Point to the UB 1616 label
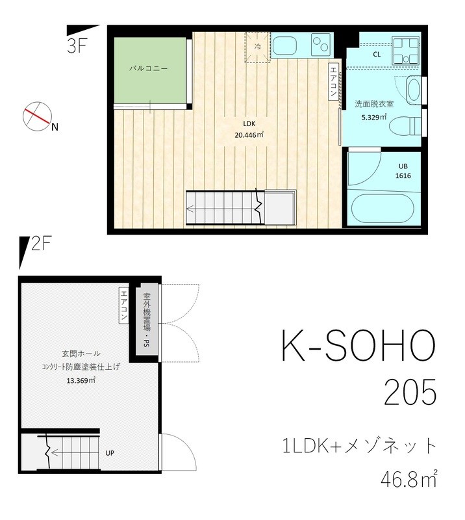pyautogui.click(x=403, y=171)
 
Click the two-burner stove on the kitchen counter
pyautogui.click(x=321, y=45)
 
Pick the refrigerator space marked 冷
pyautogui.click(x=257, y=47)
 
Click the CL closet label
pyautogui.click(x=377, y=55)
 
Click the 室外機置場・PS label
pyautogui.click(x=147, y=320)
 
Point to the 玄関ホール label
pyautogui.click(x=81, y=354)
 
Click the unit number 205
pyautogui.click(x=409, y=393)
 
